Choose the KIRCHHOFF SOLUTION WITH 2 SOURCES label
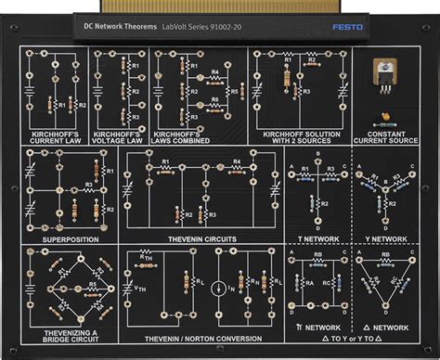299,137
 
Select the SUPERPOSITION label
70,238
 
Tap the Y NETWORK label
388,238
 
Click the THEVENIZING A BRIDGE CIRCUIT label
69,336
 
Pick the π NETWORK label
316,328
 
